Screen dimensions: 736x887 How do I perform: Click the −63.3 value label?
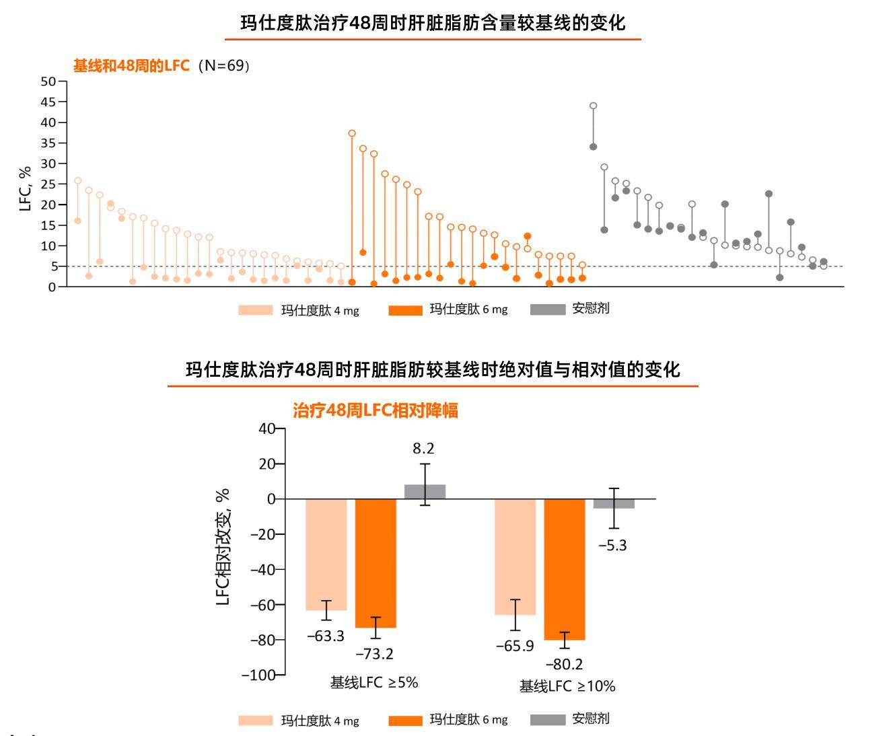coord(326,636)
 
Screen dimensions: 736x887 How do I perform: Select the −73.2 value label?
coord(375,653)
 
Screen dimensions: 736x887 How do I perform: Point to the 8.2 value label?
coord(424,448)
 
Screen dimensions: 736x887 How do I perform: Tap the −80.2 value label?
coord(564,664)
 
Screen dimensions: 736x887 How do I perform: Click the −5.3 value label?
coord(612,545)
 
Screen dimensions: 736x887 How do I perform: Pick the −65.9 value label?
coord(515,646)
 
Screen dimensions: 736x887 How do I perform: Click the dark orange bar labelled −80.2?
coord(565,569)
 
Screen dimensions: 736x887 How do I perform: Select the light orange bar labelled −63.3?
coord(326,554)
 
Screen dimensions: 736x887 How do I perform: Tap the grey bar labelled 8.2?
coord(425,492)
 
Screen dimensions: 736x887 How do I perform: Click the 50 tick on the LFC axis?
coord(48,81)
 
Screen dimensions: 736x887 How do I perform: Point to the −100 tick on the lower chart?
coord(258,675)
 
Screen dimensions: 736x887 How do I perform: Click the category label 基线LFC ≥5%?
coord(374,682)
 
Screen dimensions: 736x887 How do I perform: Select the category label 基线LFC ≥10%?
coord(567,686)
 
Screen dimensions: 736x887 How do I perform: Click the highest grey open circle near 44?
coord(593,106)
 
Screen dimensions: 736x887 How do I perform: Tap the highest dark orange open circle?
coord(352,133)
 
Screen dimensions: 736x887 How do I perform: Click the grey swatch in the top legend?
coord(547,309)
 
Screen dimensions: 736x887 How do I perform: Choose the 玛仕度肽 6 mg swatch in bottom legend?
coord(405,721)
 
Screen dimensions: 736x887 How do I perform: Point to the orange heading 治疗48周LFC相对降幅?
coord(376,410)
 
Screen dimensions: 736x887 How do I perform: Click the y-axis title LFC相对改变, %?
coord(223,546)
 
